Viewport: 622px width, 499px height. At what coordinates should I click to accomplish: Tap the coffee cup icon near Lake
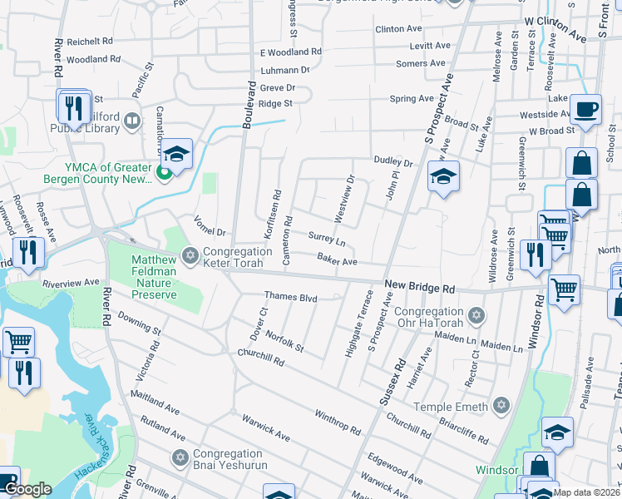tap(585, 109)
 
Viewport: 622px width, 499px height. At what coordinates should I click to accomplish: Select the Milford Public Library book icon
tap(131, 123)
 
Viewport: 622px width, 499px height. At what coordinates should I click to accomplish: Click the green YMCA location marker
tap(164, 173)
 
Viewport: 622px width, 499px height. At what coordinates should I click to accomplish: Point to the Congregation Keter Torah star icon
tap(190, 256)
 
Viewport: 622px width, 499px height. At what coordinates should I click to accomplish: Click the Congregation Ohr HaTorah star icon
tap(476, 315)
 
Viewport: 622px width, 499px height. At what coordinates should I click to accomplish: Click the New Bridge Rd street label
tap(420, 287)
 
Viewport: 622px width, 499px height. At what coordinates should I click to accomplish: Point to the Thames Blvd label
tap(291, 296)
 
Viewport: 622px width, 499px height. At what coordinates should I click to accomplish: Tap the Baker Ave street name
tap(337, 261)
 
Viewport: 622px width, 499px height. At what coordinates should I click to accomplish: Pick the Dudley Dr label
tap(393, 162)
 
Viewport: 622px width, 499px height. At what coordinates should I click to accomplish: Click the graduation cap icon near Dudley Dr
tap(444, 176)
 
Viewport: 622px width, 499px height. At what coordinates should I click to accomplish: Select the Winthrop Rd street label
tap(337, 422)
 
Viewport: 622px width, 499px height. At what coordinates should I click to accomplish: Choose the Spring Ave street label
tap(412, 98)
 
